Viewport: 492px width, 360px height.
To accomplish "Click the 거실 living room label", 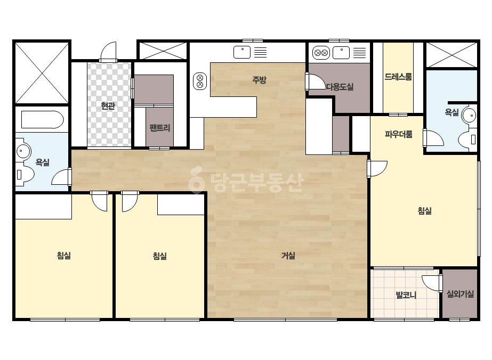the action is [288, 256].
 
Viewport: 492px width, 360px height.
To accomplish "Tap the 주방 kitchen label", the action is [259, 80].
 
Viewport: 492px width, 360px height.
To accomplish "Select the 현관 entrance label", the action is [108, 105].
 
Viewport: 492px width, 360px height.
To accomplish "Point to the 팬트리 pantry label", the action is [160, 128].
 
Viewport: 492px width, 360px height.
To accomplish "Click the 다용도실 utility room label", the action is [340, 87].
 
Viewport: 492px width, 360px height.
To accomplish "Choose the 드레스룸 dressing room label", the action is [398, 77].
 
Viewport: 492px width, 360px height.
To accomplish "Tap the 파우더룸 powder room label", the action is [399, 134].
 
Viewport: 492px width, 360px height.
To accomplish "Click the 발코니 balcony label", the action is [406, 295].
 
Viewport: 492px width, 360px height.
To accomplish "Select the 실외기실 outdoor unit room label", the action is [460, 294].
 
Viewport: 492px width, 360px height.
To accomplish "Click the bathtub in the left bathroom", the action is [42, 119].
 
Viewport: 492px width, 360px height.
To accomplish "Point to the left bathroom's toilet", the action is [25, 174].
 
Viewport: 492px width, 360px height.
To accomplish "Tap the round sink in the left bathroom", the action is [23, 151].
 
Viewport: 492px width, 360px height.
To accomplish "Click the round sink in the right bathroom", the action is [469, 116].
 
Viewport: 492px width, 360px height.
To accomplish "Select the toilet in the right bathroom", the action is [468, 139].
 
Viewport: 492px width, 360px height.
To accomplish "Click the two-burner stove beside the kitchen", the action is [200, 81].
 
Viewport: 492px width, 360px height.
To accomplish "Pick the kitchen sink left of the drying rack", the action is [242, 52].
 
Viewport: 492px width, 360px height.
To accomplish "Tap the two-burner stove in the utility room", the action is [321, 53].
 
